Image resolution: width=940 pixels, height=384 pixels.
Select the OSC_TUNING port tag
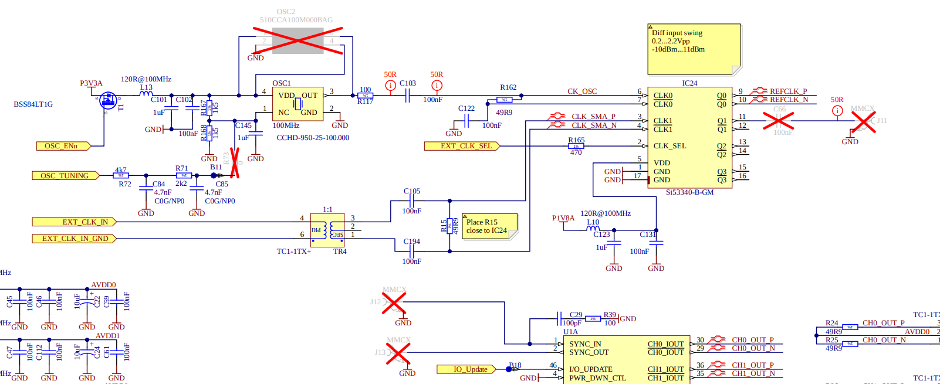(x=65, y=176)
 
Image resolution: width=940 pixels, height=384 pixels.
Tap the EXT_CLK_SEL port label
(x=462, y=146)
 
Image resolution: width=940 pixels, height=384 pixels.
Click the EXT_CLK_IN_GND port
(x=74, y=239)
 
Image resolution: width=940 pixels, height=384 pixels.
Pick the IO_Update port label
(x=471, y=369)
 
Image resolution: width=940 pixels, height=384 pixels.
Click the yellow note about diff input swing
(x=694, y=49)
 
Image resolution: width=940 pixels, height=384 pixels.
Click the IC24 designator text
(x=689, y=83)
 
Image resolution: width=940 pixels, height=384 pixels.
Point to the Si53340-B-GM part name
(x=689, y=192)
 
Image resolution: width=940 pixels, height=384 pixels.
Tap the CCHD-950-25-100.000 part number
(x=313, y=138)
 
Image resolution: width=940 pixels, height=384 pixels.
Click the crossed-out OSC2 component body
(x=298, y=41)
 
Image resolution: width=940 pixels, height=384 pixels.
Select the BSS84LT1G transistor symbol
(x=108, y=100)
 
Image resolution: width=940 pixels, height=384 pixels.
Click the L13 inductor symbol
(x=146, y=94)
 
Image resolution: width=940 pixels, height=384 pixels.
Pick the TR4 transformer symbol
(x=327, y=230)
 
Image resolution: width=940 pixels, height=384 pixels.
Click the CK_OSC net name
(x=581, y=91)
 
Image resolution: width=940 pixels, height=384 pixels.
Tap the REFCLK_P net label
(x=788, y=91)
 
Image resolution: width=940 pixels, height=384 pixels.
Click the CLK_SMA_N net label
(x=593, y=125)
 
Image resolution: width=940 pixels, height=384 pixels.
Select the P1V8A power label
(x=563, y=218)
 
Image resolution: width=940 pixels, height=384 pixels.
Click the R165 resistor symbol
(x=576, y=146)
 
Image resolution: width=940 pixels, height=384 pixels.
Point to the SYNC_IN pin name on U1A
(x=585, y=344)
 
